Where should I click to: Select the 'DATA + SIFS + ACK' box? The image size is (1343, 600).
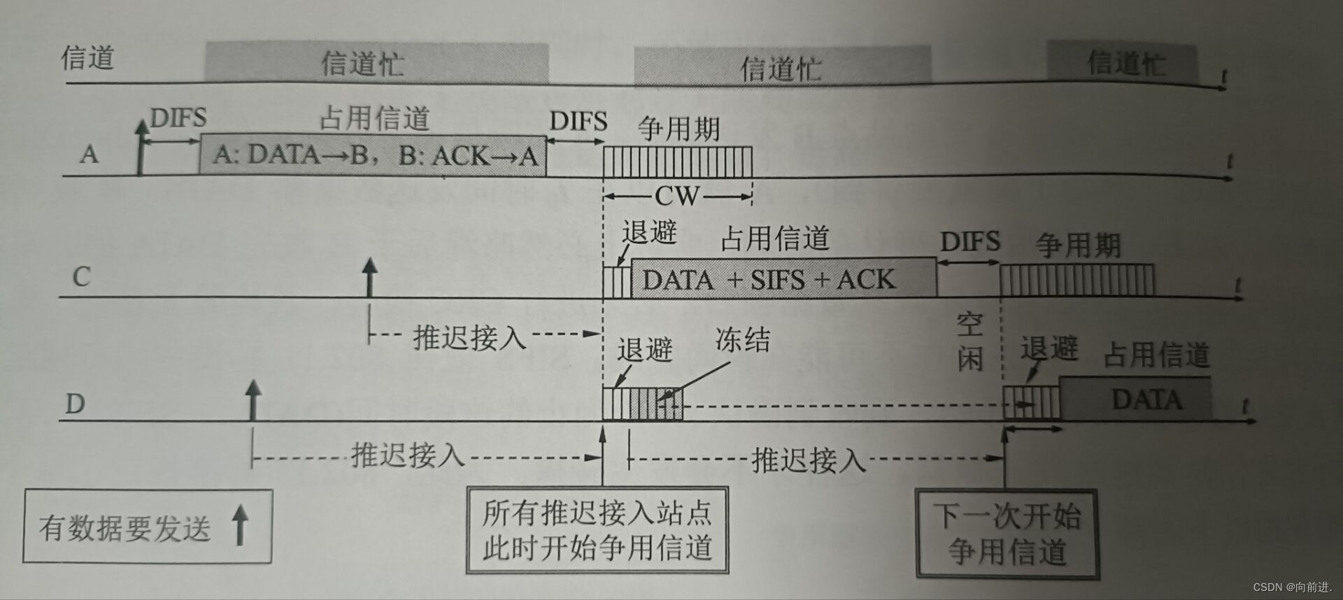pos(783,279)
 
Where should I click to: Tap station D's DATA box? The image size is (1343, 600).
pos(1135,399)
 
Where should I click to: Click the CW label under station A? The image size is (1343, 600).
pos(676,197)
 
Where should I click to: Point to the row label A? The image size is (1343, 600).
pos(89,154)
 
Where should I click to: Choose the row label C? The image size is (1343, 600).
pos(81,277)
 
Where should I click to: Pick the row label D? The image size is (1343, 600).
pos(75,403)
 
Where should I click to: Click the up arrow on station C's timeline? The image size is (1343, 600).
pos(369,277)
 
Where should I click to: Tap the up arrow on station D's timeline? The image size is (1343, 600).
pos(253,399)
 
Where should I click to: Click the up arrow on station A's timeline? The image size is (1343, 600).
pos(141,147)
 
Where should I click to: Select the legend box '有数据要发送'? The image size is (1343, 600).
pos(148,527)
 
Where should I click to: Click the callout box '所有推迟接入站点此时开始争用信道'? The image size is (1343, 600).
pos(597,530)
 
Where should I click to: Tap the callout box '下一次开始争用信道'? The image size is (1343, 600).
pos(1007,534)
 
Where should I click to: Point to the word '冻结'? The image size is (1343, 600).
pos(742,341)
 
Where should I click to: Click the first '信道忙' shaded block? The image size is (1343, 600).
pos(376,63)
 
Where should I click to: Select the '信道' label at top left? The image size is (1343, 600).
pos(87,57)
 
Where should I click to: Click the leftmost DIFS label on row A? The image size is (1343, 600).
pos(178,117)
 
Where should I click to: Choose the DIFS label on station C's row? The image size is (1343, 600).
pos(969,242)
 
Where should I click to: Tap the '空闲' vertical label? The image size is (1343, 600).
pos(970,342)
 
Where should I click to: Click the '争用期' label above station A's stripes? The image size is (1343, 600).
pos(678,129)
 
